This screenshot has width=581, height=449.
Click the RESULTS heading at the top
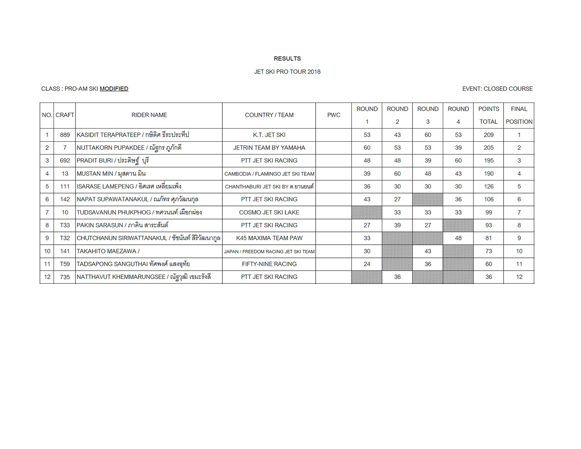coord(287,58)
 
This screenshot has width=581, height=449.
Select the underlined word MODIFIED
coord(114,89)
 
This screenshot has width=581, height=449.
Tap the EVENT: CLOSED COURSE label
coord(497,89)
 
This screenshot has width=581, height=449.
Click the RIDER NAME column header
coord(149,115)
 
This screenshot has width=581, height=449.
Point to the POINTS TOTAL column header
coord(488,115)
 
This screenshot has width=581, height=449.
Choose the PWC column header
coord(333,115)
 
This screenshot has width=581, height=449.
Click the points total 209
coord(488,135)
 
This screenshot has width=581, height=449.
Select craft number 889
coord(65,135)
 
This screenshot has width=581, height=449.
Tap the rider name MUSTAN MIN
coord(95,173)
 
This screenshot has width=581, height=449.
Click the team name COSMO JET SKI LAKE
coord(269,212)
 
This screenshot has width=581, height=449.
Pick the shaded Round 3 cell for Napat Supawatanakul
coord(428,199)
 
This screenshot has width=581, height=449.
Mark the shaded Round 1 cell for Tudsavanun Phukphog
coord(367,212)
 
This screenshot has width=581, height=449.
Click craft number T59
coord(65,264)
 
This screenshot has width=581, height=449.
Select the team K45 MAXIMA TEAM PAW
coord(269,238)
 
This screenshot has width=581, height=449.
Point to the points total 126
coord(488,187)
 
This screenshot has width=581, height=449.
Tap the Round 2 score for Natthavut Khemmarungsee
coord(397,277)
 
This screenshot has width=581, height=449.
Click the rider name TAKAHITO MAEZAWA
coord(107,251)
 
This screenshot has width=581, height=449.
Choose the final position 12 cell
coord(519,277)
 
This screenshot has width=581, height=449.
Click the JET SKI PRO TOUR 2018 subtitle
coord(287,72)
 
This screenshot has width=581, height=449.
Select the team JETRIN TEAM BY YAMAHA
coord(269,147)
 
